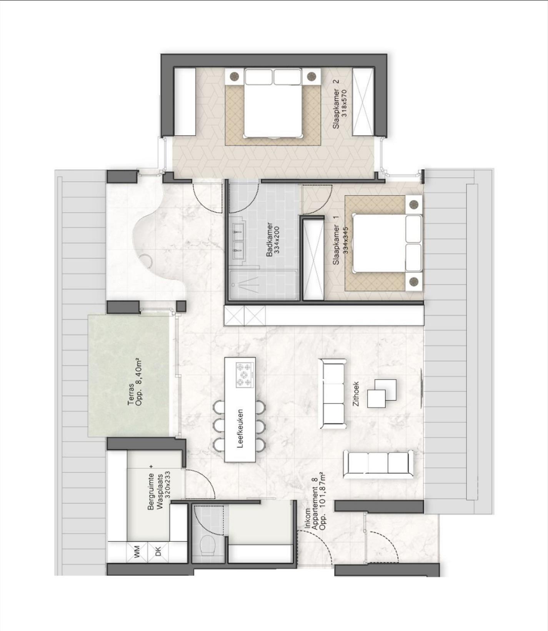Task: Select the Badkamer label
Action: point(270,239)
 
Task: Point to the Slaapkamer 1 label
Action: point(336,240)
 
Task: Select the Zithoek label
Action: point(356,394)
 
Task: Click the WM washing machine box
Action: point(137,553)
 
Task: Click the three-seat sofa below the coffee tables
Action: point(378,465)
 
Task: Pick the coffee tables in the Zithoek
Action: point(382,393)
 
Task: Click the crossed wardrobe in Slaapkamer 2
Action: point(363,101)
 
